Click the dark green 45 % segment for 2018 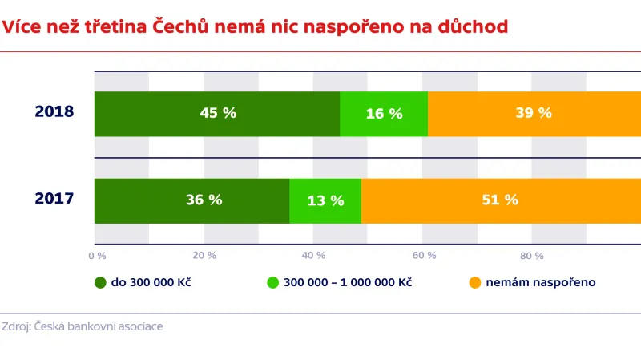217,114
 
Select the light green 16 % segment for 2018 384,114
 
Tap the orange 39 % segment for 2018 534,114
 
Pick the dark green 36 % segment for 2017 192,200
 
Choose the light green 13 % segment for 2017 325,200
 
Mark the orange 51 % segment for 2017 500,200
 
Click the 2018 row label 54,112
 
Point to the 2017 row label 54,198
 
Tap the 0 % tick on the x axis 97,256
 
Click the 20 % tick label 205,256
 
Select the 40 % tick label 314,256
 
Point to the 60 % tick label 424,256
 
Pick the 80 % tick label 533,256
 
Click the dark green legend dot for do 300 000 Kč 100,283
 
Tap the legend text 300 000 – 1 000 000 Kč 347,283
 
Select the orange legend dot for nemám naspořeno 474,283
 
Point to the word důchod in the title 474,26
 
